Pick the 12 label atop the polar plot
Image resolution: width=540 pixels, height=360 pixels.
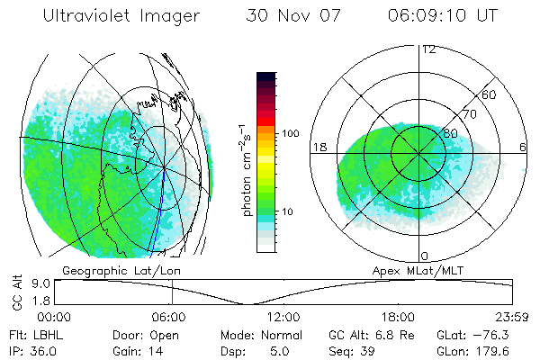[x=428, y=49]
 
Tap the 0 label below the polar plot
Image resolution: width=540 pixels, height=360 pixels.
[x=424, y=256]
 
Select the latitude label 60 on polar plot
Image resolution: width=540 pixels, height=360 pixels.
[x=490, y=94]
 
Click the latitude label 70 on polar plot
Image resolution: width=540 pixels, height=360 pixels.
[x=468, y=114]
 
